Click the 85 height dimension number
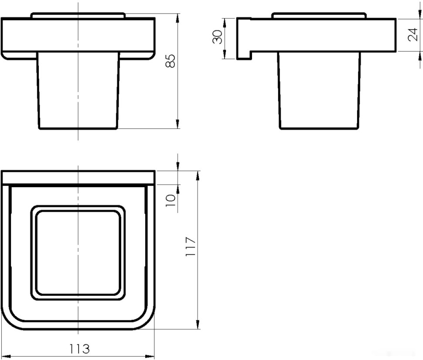click(171, 61)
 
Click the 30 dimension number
click(218, 37)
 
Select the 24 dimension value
click(413, 34)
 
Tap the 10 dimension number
click(171, 201)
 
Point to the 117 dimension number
click(191, 247)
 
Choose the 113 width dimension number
click(79, 348)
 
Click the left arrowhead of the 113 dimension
click(6, 356)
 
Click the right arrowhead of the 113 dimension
click(150, 356)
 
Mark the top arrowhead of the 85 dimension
click(177, 18)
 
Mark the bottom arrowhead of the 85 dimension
click(177, 124)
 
